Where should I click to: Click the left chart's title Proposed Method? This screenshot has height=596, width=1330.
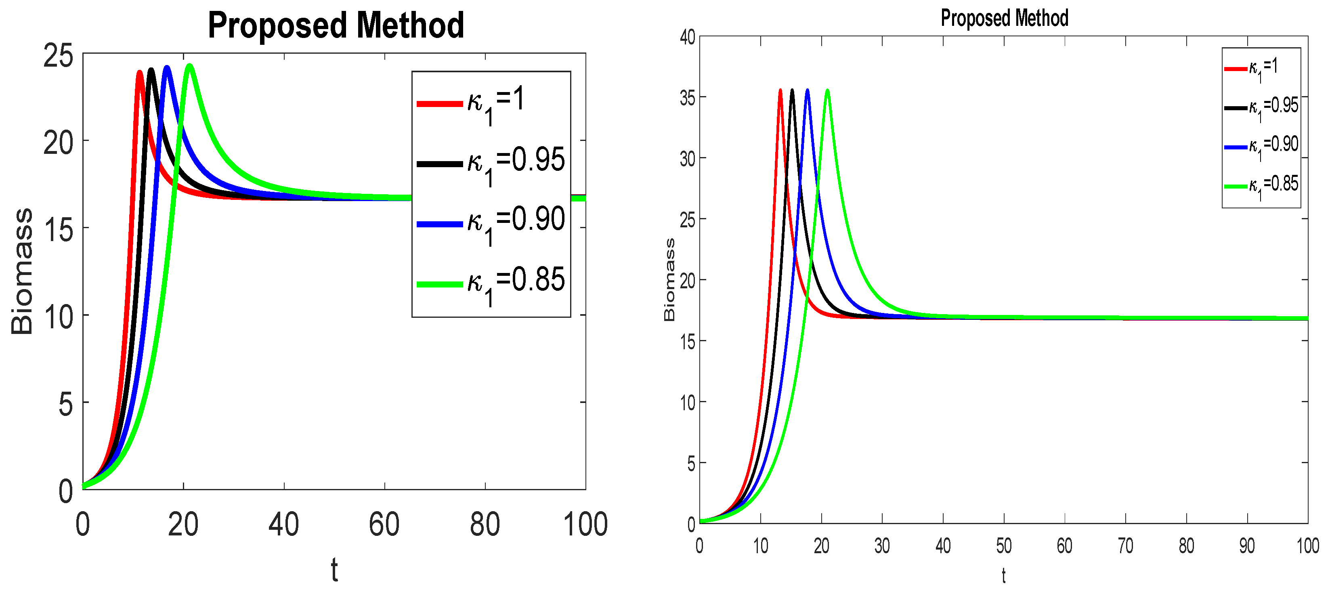pyautogui.click(x=336, y=26)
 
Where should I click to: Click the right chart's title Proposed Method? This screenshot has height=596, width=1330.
pyautogui.click(x=1004, y=18)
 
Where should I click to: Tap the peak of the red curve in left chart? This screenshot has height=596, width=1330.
pyautogui.click(x=139, y=73)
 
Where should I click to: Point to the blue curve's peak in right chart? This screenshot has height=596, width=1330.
pyautogui.click(x=808, y=91)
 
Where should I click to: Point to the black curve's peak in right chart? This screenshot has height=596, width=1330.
pyautogui.click(x=793, y=91)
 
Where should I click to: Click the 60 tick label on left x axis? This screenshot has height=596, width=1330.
pyautogui.click(x=384, y=524)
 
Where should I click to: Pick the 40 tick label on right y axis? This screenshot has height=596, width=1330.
pyautogui.click(x=687, y=37)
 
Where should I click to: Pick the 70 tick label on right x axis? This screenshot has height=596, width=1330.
pyautogui.click(x=1126, y=546)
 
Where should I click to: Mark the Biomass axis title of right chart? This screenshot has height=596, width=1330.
pyautogui.click(x=669, y=279)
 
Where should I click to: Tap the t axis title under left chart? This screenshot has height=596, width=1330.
pyautogui.click(x=335, y=570)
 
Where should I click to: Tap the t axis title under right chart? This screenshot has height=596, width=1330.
pyautogui.click(x=1004, y=575)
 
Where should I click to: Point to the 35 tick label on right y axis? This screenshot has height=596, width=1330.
pyautogui.click(x=687, y=98)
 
